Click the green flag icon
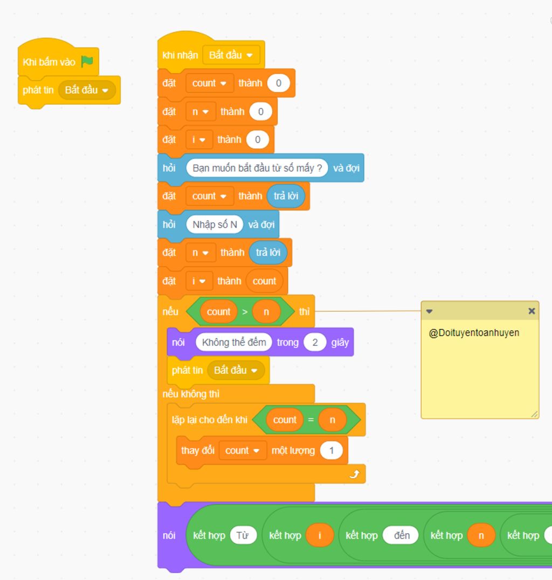click(x=87, y=62)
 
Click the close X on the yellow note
click(x=532, y=311)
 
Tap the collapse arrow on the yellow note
click(x=429, y=311)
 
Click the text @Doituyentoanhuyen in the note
click(x=474, y=333)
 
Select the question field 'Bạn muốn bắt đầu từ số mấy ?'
click(x=257, y=168)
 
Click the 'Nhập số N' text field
click(x=215, y=225)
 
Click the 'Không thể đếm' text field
click(x=234, y=343)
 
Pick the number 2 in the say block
click(x=315, y=343)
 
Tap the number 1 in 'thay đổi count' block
click(x=331, y=451)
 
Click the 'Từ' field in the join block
click(x=243, y=535)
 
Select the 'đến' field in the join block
click(x=402, y=535)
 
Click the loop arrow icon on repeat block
click(x=354, y=474)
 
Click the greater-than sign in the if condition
click(x=245, y=312)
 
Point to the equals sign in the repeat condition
click(x=310, y=420)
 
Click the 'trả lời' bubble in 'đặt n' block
click(x=268, y=253)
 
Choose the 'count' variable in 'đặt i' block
click(x=264, y=281)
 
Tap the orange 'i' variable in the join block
click(x=320, y=535)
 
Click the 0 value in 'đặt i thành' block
click(x=258, y=140)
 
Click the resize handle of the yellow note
click(x=534, y=414)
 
